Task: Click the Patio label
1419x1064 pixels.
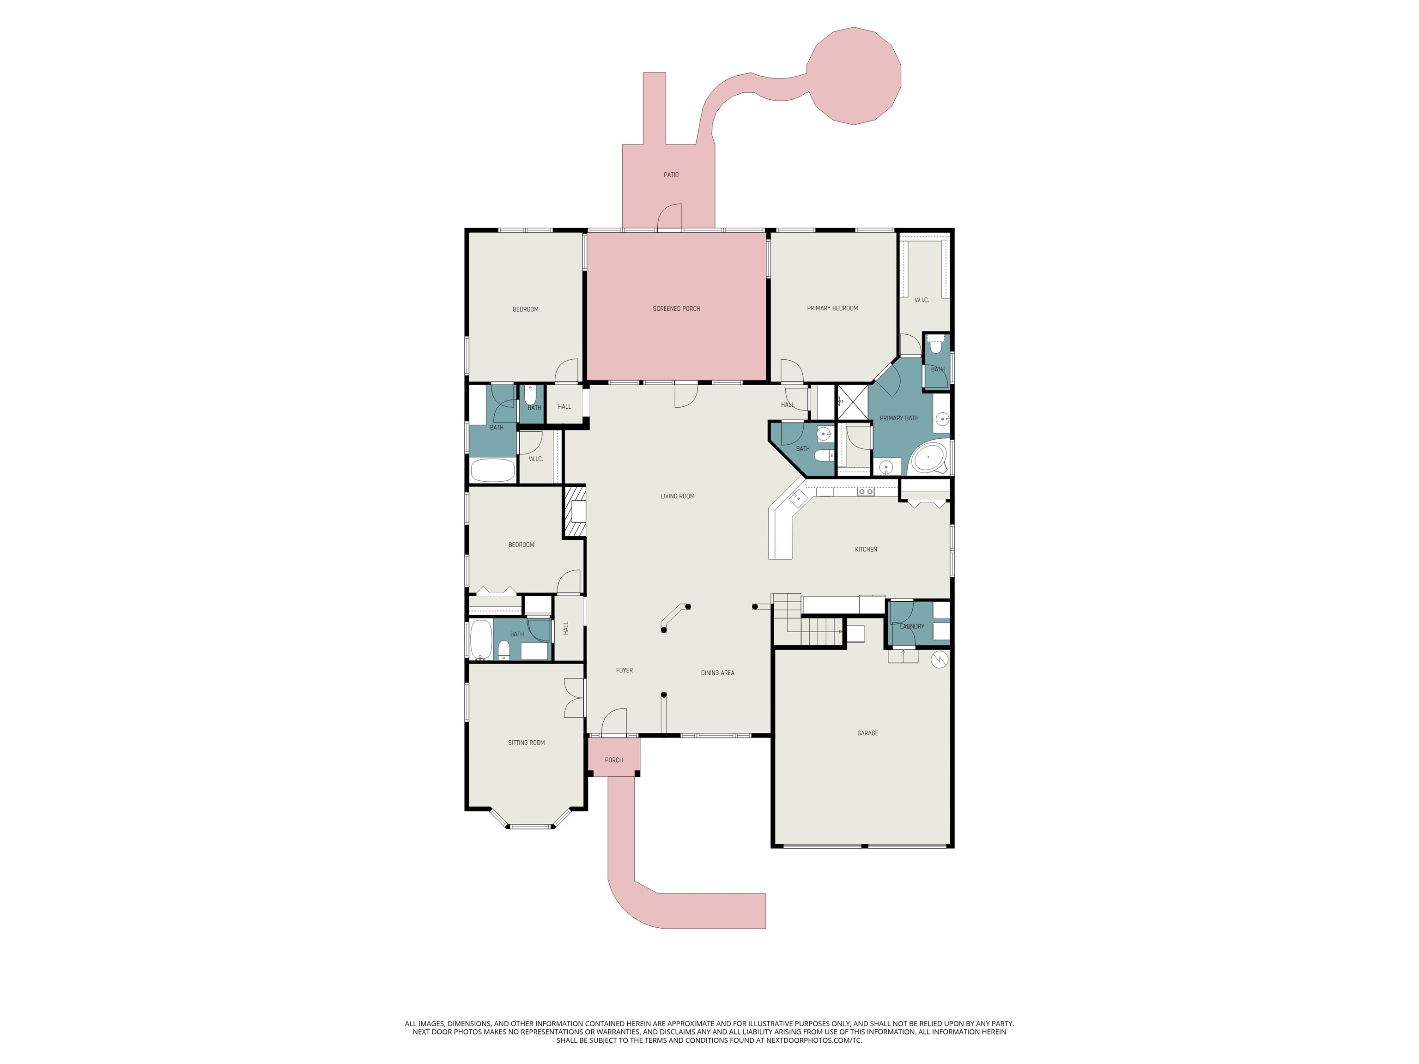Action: pos(671,175)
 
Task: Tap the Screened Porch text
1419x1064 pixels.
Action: pos(676,309)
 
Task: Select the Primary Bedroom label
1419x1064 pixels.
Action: pos(832,308)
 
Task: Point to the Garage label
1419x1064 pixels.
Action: pos(867,733)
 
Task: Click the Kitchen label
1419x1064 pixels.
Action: pos(866,550)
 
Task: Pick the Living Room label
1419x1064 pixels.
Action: pos(678,496)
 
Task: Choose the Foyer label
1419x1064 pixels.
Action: pos(624,670)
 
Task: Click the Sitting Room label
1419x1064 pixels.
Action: pos(526,743)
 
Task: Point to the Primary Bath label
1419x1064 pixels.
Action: pos(899,418)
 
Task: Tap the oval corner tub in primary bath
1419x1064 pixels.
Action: pos(929,457)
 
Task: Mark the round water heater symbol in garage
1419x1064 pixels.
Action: pos(939,659)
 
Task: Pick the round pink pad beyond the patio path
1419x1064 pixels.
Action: pos(853,76)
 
